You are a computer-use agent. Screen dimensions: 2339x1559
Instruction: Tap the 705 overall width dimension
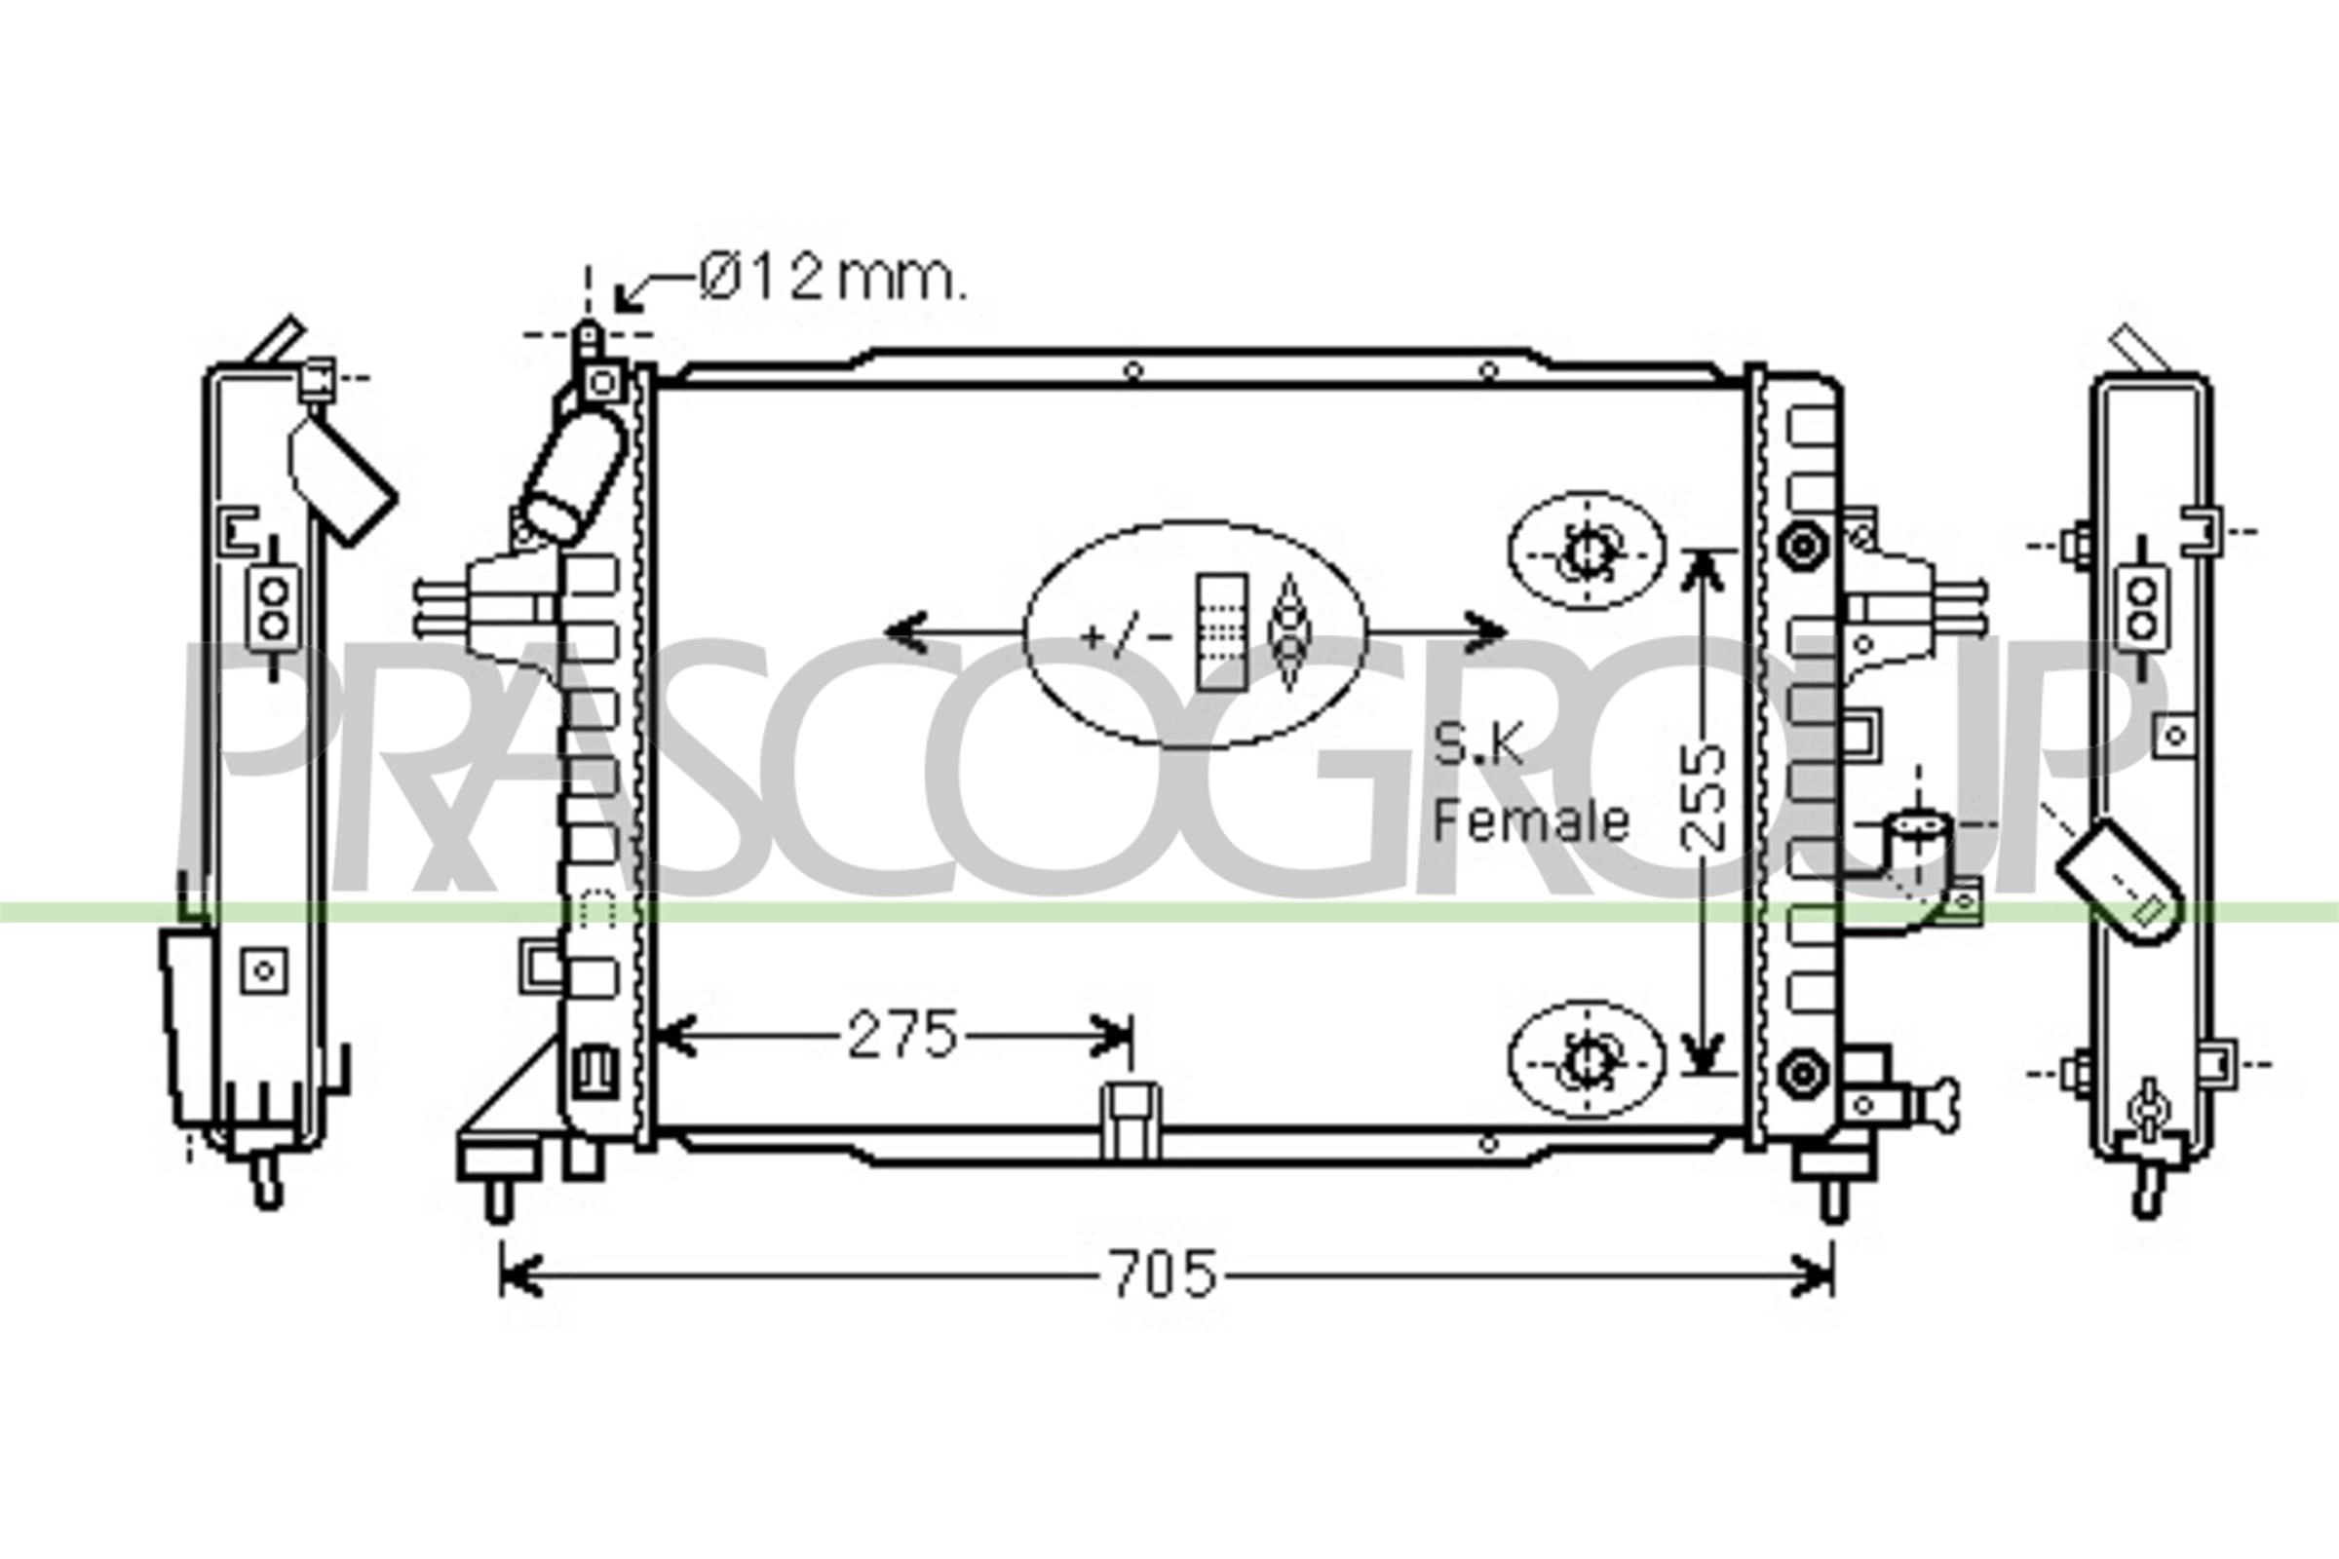pyautogui.click(x=1164, y=1274)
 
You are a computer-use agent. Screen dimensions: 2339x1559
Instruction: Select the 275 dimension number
pyautogui.click(x=902, y=1036)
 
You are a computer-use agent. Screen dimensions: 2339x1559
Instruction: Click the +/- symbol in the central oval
pyautogui.click(x=1126, y=636)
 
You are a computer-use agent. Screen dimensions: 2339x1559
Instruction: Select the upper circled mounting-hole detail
pyautogui.click(x=1587, y=551)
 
